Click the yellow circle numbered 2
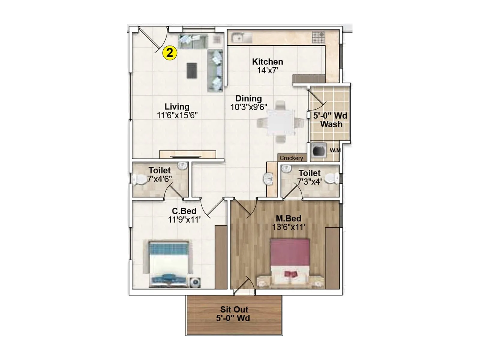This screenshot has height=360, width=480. [x=169, y=53]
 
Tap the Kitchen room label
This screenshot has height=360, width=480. [x=267, y=62]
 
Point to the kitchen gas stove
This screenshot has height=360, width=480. [x=318, y=37]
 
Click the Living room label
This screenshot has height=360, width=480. [x=177, y=107]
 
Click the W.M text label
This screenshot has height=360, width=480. [x=335, y=150]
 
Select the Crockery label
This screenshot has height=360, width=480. [x=291, y=158]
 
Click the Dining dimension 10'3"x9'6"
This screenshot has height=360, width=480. [x=248, y=107]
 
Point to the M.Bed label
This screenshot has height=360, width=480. [x=288, y=218]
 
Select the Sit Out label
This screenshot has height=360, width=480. [x=234, y=310]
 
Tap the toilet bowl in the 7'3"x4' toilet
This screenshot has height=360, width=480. [x=332, y=178]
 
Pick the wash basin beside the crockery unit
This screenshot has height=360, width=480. [x=268, y=179]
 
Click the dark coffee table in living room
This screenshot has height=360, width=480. [x=192, y=70]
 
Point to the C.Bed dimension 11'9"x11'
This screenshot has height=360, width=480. [x=184, y=220]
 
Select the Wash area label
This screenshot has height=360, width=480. [x=331, y=124]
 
